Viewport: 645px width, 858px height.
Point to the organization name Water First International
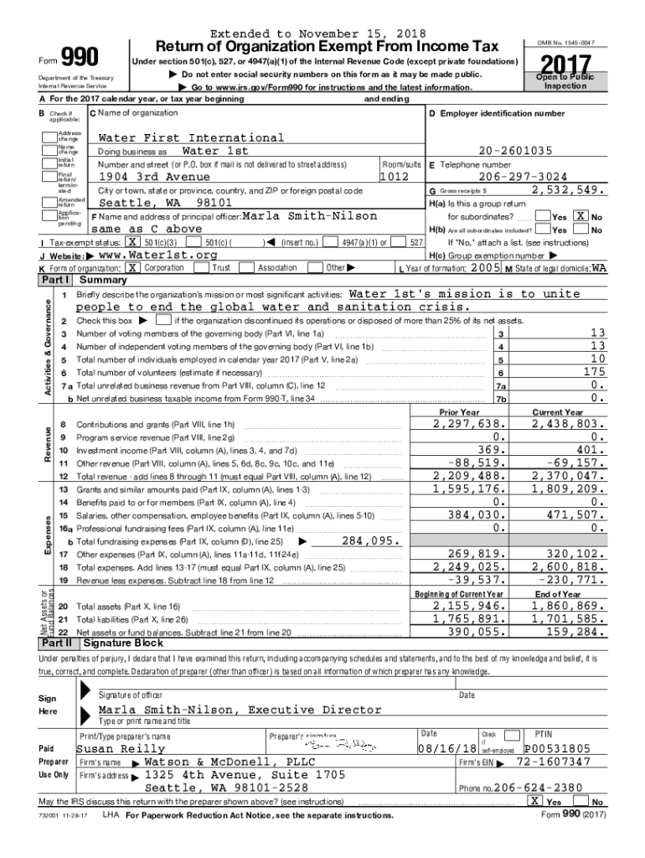[x=191, y=137]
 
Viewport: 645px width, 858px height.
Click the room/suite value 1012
[x=394, y=177]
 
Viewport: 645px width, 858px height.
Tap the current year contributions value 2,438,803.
[x=566, y=425]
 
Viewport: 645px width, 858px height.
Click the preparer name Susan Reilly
[x=121, y=748]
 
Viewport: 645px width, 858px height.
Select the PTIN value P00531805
[x=558, y=748]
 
